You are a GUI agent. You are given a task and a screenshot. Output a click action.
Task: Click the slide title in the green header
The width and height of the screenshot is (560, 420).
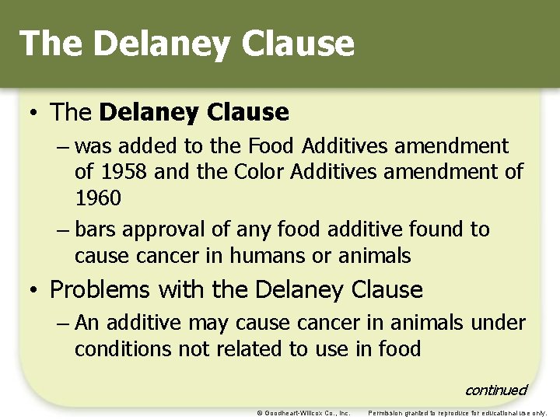[x=187, y=44]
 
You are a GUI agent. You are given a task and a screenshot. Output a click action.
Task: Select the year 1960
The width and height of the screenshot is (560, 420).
[x=98, y=198]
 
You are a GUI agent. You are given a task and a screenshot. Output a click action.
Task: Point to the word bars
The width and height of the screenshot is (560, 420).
[x=96, y=229]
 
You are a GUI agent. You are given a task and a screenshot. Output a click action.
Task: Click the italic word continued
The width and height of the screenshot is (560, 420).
[x=495, y=390]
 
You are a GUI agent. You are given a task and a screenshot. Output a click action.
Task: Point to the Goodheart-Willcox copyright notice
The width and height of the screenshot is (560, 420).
[x=303, y=412]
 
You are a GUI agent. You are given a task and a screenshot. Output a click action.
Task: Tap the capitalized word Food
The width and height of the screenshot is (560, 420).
[x=271, y=145]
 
